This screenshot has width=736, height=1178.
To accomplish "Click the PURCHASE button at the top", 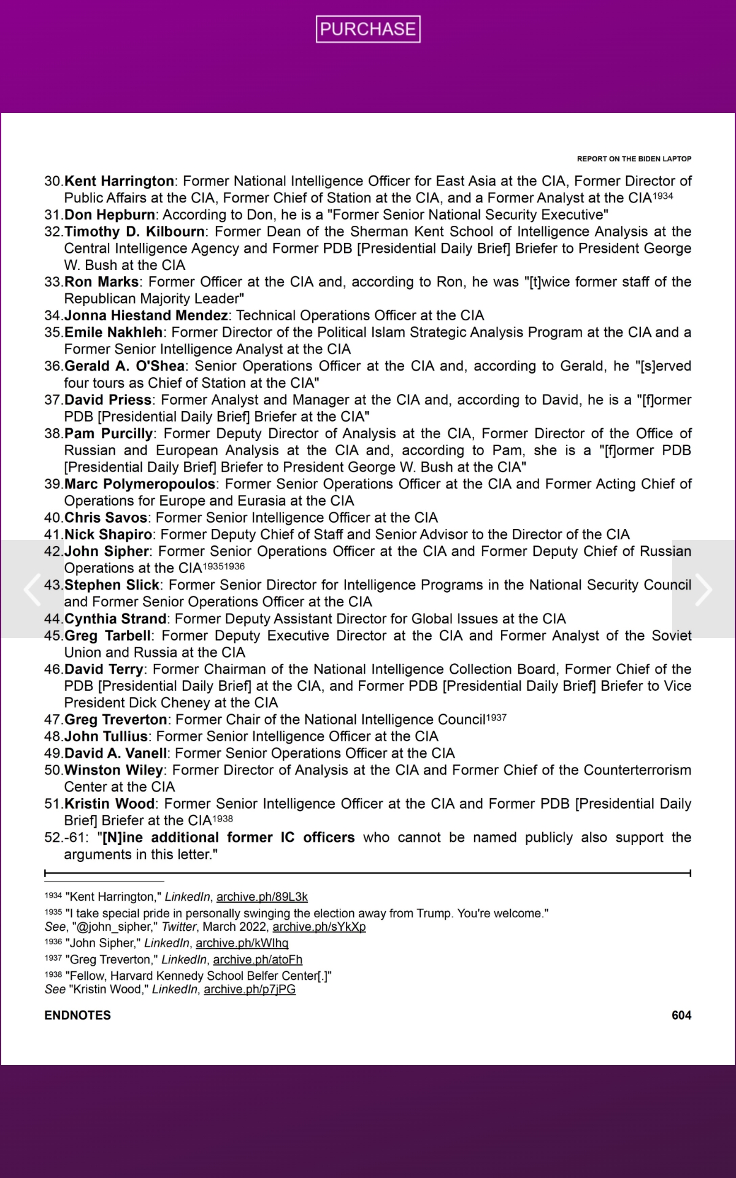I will [x=368, y=29].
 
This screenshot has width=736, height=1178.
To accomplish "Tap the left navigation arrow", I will [x=32, y=589].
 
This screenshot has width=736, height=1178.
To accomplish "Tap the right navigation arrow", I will [x=703, y=589].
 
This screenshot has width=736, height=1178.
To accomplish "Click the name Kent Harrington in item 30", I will [x=119, y=181].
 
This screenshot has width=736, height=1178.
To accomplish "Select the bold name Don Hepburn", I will [x=110, y=215].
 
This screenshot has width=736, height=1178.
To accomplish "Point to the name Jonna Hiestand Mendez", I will [x=146, y=315].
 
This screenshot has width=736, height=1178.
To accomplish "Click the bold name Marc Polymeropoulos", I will [x=140, y=484].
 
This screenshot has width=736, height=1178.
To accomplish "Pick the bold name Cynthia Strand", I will [x=115, y=618].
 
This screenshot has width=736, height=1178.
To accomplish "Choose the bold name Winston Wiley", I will [x=113, y=770].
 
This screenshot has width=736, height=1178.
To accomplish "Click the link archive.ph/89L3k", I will [x=262, y=897].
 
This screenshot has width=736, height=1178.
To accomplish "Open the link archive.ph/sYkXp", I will [x=319, y=927].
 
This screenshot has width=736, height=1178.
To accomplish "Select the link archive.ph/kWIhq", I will [x=242, y=943].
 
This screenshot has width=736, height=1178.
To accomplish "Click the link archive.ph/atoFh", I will [x=258, y=960].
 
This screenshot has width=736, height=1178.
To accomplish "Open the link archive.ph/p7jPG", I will [x=250, y=989].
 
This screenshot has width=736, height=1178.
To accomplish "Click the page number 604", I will [x=681, y=1015].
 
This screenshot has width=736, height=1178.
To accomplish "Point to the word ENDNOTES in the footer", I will [x=77, y=1015].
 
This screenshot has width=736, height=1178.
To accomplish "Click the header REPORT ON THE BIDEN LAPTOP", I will [x=634, y=159].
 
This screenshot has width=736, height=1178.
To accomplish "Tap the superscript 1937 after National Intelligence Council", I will [x=496, y=717].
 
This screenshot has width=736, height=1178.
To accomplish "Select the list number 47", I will [x=53, y=720].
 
